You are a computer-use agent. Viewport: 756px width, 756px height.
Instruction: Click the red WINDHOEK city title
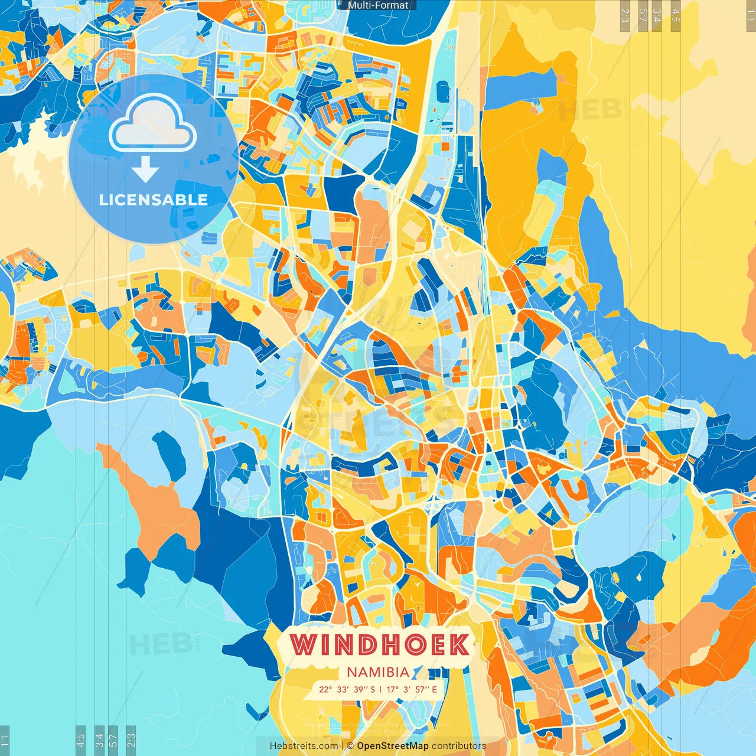[x=380, y=644]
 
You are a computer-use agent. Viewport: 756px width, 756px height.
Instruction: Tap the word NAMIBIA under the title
[x=378, y=672]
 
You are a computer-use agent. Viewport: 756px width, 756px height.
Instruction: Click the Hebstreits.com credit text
[x=304, y=746]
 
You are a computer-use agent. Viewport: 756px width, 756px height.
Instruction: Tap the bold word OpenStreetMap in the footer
[x=393, y=746]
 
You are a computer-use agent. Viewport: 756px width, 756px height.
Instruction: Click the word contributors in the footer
[x=459, y=746]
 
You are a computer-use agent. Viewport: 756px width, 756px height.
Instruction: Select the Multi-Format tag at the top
[x=377, y=5]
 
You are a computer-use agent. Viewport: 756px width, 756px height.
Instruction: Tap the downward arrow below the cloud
[x=145, y=171]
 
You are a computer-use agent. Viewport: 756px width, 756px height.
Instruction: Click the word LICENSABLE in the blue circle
[x=154, y=200]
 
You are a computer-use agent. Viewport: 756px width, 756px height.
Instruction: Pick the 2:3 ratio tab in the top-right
[x=625, y=15]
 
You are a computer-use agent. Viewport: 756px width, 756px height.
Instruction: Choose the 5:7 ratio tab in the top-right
[x=642, y=15]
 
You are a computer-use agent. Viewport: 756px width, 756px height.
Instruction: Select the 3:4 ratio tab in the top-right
[x=657, y=15]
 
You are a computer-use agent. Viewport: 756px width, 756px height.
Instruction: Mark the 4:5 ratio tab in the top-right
[x=676, y=15]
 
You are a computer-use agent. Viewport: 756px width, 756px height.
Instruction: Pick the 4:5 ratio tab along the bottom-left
[x=81, y=740]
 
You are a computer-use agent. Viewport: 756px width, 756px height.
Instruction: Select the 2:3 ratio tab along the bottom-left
[x=131, y=740]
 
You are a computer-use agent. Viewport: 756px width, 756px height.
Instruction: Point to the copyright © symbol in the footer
[x=350, y=746]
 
